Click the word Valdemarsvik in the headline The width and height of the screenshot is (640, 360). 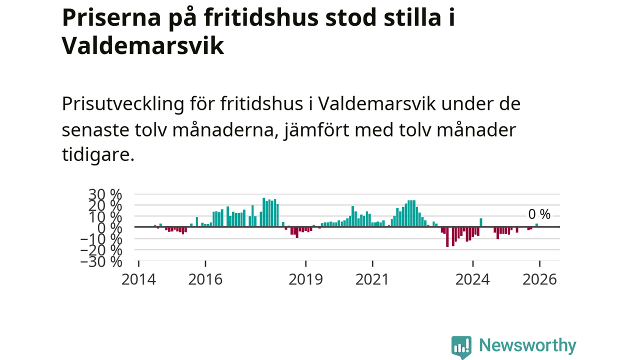point(142,46)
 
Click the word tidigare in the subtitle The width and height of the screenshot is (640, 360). point(98,154)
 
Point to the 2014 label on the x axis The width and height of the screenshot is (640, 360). point(138,279)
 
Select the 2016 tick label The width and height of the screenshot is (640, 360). point(205,279)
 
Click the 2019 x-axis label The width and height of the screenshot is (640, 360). point(306,279)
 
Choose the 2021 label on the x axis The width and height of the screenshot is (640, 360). point(372,279)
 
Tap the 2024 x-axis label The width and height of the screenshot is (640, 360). point(472,279)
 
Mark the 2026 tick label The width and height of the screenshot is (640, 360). point(539,279)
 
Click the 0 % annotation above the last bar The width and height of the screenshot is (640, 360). point(539,214)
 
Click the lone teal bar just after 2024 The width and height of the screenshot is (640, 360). point(481,222)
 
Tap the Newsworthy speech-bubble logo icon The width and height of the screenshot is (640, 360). point(461,346)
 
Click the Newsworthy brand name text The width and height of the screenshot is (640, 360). point(527,345)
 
